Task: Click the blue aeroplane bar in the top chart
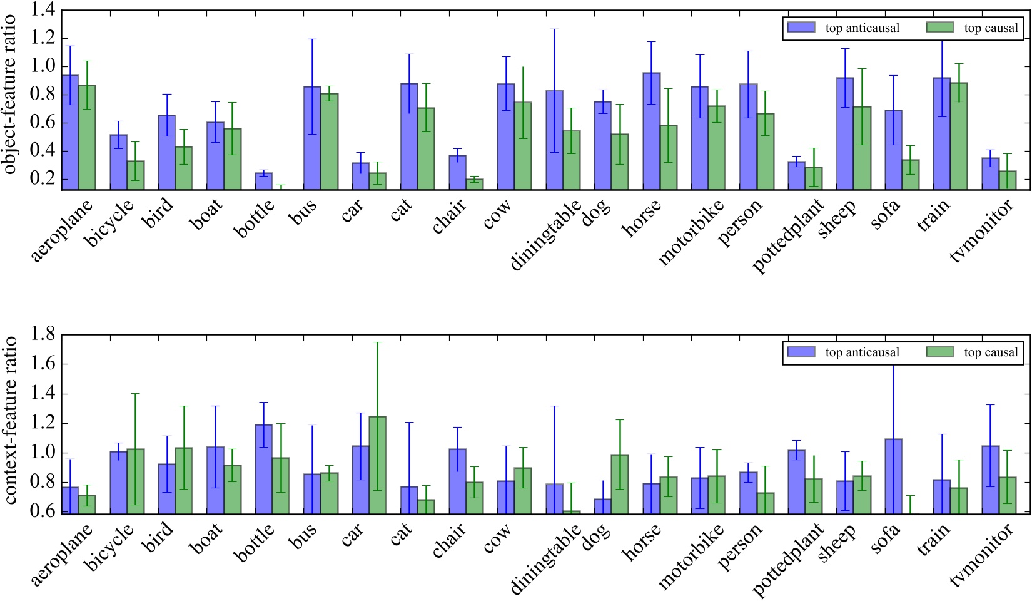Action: click(x=70, y=132)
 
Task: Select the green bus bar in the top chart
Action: click(x=329, y=141)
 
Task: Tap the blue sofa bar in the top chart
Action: click(x=894, y=150)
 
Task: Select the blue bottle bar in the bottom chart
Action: click(x=264, y=469)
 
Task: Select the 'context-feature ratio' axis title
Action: click(x=10, y=421)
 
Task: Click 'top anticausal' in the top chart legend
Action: click(x=862, y=28)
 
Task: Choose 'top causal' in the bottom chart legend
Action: click(x=991, y=352)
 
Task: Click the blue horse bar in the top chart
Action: click(x=651, y=131)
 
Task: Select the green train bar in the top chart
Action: click(x=959, y=136)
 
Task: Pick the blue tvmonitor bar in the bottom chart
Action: click(x=990, y=480)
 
